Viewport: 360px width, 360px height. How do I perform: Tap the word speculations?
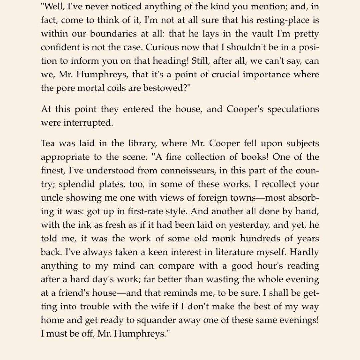point(287,109)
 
